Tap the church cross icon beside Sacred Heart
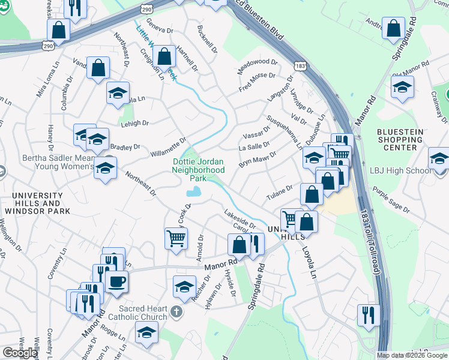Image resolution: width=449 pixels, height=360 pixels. (175, 311)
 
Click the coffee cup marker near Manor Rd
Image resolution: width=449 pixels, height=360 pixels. (116, 281)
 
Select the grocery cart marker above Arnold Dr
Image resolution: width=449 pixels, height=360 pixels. (176, 238)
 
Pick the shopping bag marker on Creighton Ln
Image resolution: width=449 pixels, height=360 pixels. (164, 56)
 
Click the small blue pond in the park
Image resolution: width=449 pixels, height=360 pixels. (194, 193)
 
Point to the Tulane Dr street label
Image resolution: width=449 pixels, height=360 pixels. (279, 193)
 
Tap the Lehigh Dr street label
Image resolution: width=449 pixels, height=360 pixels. (134, 123)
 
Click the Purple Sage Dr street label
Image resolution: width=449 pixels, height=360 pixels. (390, 202)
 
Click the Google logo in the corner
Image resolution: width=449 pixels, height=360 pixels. (20, 353)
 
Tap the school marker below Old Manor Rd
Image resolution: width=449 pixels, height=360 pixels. (402, 88)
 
